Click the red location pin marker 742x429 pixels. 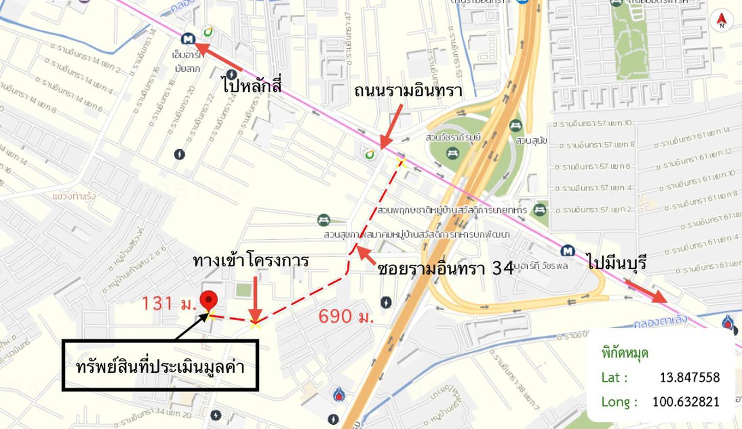point(208,300)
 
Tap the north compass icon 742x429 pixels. point(722,20)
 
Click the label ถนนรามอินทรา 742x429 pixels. point(408,91)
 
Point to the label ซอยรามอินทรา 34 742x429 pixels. point(446,268)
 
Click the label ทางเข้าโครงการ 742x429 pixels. point(251,261)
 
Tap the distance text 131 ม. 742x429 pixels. point(168,304)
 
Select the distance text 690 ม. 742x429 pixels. point(346,317)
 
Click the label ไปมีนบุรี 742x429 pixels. point(617,262)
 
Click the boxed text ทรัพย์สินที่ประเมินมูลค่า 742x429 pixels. point(160,367)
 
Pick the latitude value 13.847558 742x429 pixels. point(689,377)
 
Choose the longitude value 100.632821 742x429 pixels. point(686,402)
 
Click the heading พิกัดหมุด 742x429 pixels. point(625,353)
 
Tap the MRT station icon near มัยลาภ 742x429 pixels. point(188,39)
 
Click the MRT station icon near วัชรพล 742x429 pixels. point(567,251)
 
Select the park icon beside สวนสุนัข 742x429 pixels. point(516,125)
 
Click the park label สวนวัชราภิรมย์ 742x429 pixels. point(453,138)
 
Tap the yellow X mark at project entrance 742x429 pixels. point(255,323)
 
